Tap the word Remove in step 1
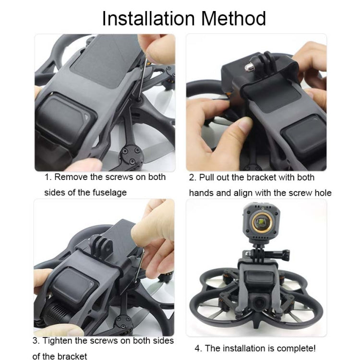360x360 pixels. [72, 177]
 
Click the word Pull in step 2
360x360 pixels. [207, 178]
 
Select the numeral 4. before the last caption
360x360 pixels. [198, 348]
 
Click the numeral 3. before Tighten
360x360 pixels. [36, 341]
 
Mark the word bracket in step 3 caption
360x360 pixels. [71, 356]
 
